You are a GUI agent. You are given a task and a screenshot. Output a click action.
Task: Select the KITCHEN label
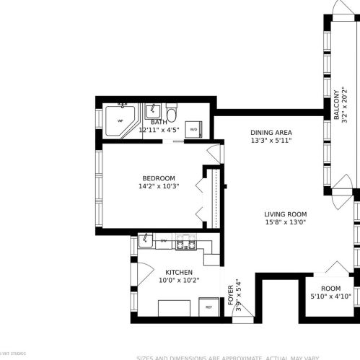point(173,272)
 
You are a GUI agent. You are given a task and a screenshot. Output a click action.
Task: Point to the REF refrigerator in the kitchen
point(209,307)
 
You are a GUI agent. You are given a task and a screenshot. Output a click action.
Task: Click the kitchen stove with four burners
point(185,245)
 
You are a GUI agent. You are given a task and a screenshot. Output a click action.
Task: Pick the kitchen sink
point(145,240)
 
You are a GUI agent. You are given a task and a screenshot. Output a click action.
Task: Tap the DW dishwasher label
point(164,241)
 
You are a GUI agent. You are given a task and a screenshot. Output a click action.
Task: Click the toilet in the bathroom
point(171,114)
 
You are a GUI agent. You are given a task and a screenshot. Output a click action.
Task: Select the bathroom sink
point(153,112)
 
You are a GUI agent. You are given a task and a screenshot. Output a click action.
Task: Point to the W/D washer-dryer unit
point(193,129)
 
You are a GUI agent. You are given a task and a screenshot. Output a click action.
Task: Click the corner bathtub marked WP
point(117,120)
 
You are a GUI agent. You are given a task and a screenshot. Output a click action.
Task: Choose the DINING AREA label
point(271,132)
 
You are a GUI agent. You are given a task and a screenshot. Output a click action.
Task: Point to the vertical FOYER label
point(231,296)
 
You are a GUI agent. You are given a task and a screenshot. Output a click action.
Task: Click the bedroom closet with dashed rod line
point(213,196)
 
